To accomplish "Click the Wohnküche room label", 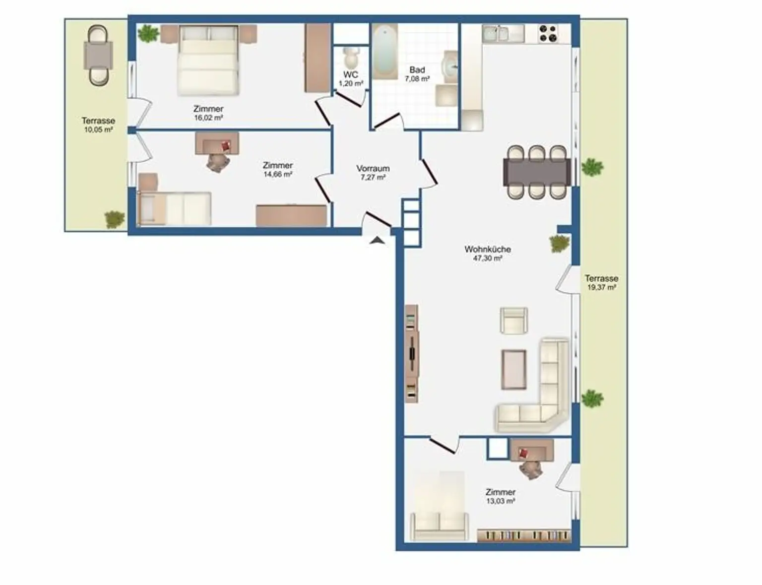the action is [488, 250].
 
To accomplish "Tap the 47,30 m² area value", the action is [488, 259].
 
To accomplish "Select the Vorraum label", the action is [373, 168].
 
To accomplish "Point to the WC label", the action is [351, 74].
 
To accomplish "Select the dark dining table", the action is [536, 172].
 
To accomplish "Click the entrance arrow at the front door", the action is [378, 240].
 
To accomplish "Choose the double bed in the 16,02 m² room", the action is [209, 61].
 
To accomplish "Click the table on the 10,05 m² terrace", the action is [98, 55].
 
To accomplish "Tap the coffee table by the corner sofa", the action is [514, 369].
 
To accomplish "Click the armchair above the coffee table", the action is [514, 321].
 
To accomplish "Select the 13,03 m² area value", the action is [501, 501].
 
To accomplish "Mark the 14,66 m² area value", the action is [278, 174].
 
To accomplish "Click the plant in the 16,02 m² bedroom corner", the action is [149, 34].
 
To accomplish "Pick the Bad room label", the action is [417, 70].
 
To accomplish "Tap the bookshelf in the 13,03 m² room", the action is [524, 535].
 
